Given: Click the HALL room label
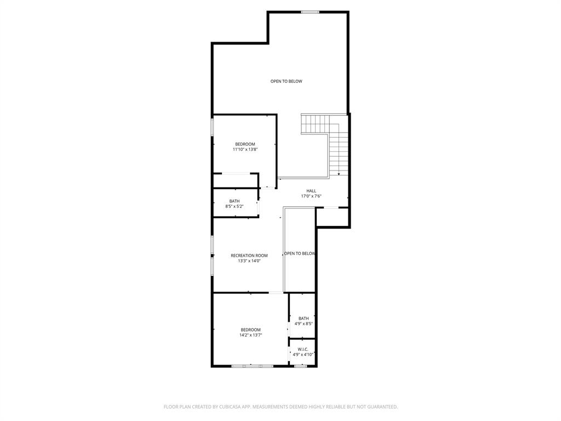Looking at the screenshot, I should click(311, 191).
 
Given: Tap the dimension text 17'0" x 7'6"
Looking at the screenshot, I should click(311, 196).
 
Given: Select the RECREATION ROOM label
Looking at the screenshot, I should click(249, 255).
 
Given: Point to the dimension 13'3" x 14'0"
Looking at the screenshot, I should click(249, 261).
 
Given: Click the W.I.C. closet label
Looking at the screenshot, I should click(303, 349).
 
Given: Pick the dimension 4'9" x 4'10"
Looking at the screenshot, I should click(303, 355).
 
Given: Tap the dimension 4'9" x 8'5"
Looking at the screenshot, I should click(304, 324).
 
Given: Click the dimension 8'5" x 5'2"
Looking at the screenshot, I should click(234, 207).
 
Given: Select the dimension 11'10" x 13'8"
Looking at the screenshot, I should click(245, 149).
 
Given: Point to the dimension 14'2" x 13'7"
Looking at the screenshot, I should click(250, 335).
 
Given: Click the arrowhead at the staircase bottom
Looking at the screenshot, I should click(339, 174).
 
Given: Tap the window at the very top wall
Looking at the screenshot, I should click(310, 12).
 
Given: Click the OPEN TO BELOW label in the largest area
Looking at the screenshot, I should click(286, 81).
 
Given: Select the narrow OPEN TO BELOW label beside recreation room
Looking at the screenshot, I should click(300, 253).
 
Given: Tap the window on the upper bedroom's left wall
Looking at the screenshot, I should click(213, 127).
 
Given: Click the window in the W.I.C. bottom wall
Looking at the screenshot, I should click(300, 366).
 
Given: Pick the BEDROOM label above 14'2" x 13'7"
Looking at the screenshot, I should click(250, 329).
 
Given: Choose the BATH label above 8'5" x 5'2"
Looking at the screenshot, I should click(234, 201).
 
